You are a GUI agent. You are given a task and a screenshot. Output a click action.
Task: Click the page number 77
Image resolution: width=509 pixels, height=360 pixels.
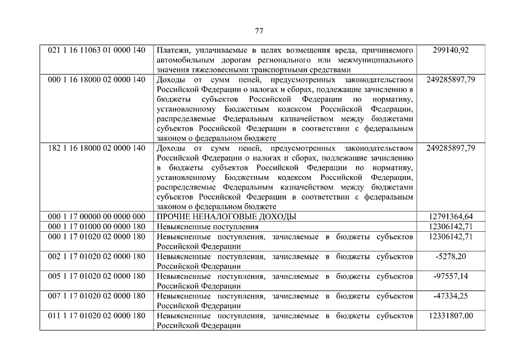click(259, 30)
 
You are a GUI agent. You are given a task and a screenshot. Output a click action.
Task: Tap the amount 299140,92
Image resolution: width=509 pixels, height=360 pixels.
click(451, 50)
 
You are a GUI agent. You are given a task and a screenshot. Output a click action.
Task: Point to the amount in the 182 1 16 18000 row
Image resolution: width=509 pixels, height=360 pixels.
click(451, 148)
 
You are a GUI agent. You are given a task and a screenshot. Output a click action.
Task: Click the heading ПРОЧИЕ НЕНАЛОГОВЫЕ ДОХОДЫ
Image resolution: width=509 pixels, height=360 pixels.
click(227, 217)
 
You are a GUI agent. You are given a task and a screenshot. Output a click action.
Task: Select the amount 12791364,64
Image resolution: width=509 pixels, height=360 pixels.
click(451, 217)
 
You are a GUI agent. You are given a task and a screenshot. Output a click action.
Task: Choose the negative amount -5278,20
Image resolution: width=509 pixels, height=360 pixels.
click(451, 256)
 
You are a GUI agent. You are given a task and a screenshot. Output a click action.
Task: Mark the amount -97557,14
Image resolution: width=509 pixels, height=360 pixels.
click(451, 276)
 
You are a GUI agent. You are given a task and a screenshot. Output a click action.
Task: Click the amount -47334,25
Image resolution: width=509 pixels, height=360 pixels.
click(451, 296)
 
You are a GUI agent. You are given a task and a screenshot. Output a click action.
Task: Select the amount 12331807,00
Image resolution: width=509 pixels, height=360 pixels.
click(451, 316)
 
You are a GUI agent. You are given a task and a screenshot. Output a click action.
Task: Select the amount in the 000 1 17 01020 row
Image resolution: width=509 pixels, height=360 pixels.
click(451, 237)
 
